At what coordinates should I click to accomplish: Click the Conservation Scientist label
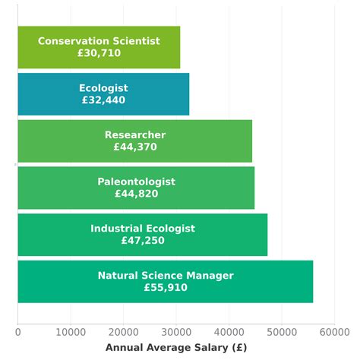pyautogui.click(x=99, y=41)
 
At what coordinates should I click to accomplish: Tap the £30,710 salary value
pyautogui.click(x=99, y=54)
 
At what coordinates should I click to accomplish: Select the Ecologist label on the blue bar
pyautogui.click(x=103, y=88)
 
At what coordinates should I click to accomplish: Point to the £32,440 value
pyautogui.click(x=103, y=100)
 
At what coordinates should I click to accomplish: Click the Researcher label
pyautogui.click(x=135, y=135)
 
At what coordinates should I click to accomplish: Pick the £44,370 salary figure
pyautogui.click(x=135, y=147)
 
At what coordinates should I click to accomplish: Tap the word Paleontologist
pyautogui.click(x=136, y=182)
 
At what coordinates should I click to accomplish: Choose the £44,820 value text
pyautogui.click(x=136, y=194)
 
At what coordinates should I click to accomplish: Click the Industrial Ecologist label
pyautogui.click(x=143, y=229)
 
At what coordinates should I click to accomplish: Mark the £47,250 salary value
pyautogui.click(x=143, y=241)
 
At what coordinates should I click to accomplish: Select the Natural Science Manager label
pyautogui.click(x=166, y=276)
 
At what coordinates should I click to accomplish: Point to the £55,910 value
pyautogui.click(x=166, y=288)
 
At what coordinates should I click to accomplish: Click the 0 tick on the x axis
pyautogui.click(x=17, y=331)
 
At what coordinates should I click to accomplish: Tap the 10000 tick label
pyautogui.click(x=71, y=331)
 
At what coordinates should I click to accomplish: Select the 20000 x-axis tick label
pyautogui.click(x=123, y=331)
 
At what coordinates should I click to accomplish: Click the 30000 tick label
pyautogui.click(x=175, y=331)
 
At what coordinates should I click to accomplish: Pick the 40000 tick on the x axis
pyautogui.click(x=229, y=331)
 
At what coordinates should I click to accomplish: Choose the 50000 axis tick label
pyautogui.click(x=281, y=331)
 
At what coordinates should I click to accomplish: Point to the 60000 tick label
pyautogui.click(x=333, y=331)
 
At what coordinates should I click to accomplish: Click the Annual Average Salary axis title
pyautogui.click(x=175, y=347)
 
